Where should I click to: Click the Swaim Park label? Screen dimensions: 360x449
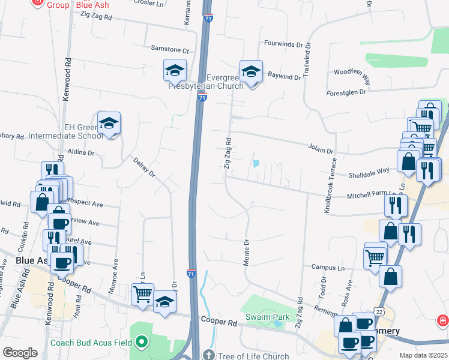pos(267,317)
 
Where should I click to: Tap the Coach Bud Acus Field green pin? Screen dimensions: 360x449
pos(142,343)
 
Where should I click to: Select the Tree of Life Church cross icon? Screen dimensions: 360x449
pos(209,355)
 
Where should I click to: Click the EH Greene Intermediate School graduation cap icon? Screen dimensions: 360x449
pos(109,123)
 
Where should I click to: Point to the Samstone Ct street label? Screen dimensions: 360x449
pos(169,50)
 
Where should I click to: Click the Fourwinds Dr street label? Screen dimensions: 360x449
pos(284,43)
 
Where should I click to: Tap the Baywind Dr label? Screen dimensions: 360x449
pos(284,77)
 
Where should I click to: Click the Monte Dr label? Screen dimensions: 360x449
pos(246,253)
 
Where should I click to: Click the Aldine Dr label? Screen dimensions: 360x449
pos(81,152)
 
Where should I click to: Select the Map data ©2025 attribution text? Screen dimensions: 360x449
pos(423,355)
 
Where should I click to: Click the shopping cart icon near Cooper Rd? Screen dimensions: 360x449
pos(142,295)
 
